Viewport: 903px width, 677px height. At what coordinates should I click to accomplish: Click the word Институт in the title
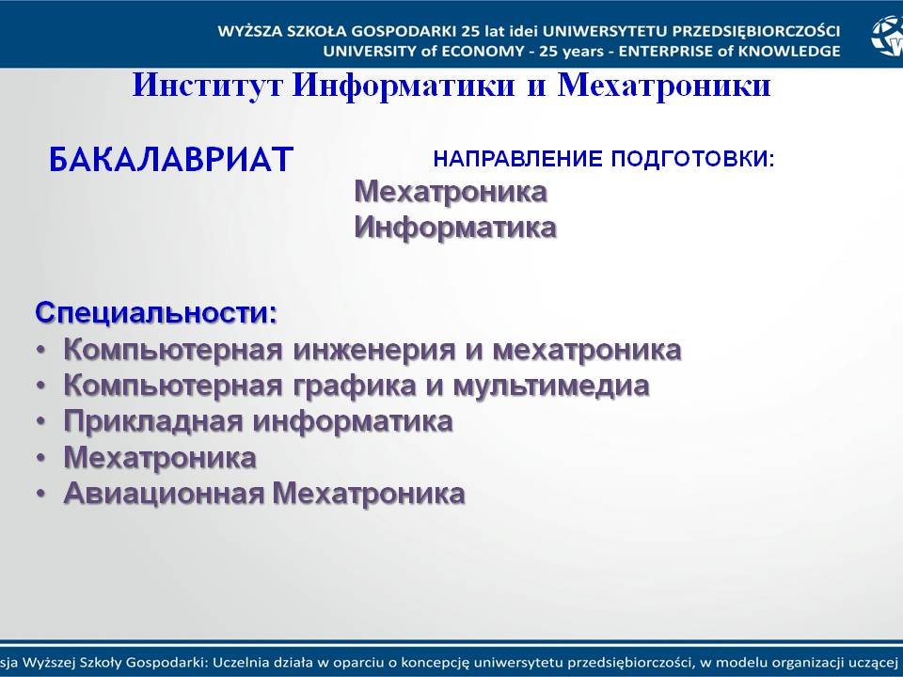pos(207,86)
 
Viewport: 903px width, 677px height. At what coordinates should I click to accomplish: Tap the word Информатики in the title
pos(404,87)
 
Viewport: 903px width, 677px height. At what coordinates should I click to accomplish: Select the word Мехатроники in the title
pos(664,86)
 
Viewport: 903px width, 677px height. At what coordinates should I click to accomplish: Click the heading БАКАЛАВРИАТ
pos(171,160)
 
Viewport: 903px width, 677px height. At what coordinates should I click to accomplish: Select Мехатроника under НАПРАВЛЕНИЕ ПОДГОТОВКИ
pos(451,192)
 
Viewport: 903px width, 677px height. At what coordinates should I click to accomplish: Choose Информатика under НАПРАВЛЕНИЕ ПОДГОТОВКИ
pos(455,228)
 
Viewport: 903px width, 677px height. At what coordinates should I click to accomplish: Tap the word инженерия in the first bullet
pos(374,350)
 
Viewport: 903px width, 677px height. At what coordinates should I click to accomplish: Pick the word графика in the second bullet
pos(355,386)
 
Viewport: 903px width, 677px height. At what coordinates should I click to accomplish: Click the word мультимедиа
pos(551,386)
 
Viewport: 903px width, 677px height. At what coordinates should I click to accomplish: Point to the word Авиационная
pos(164,494)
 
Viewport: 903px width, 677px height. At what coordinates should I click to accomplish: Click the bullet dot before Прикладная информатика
pos(40,422)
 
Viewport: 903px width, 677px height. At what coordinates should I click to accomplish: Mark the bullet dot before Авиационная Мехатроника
pos(40,494)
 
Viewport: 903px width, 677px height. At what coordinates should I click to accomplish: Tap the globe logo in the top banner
pos(887,36)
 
